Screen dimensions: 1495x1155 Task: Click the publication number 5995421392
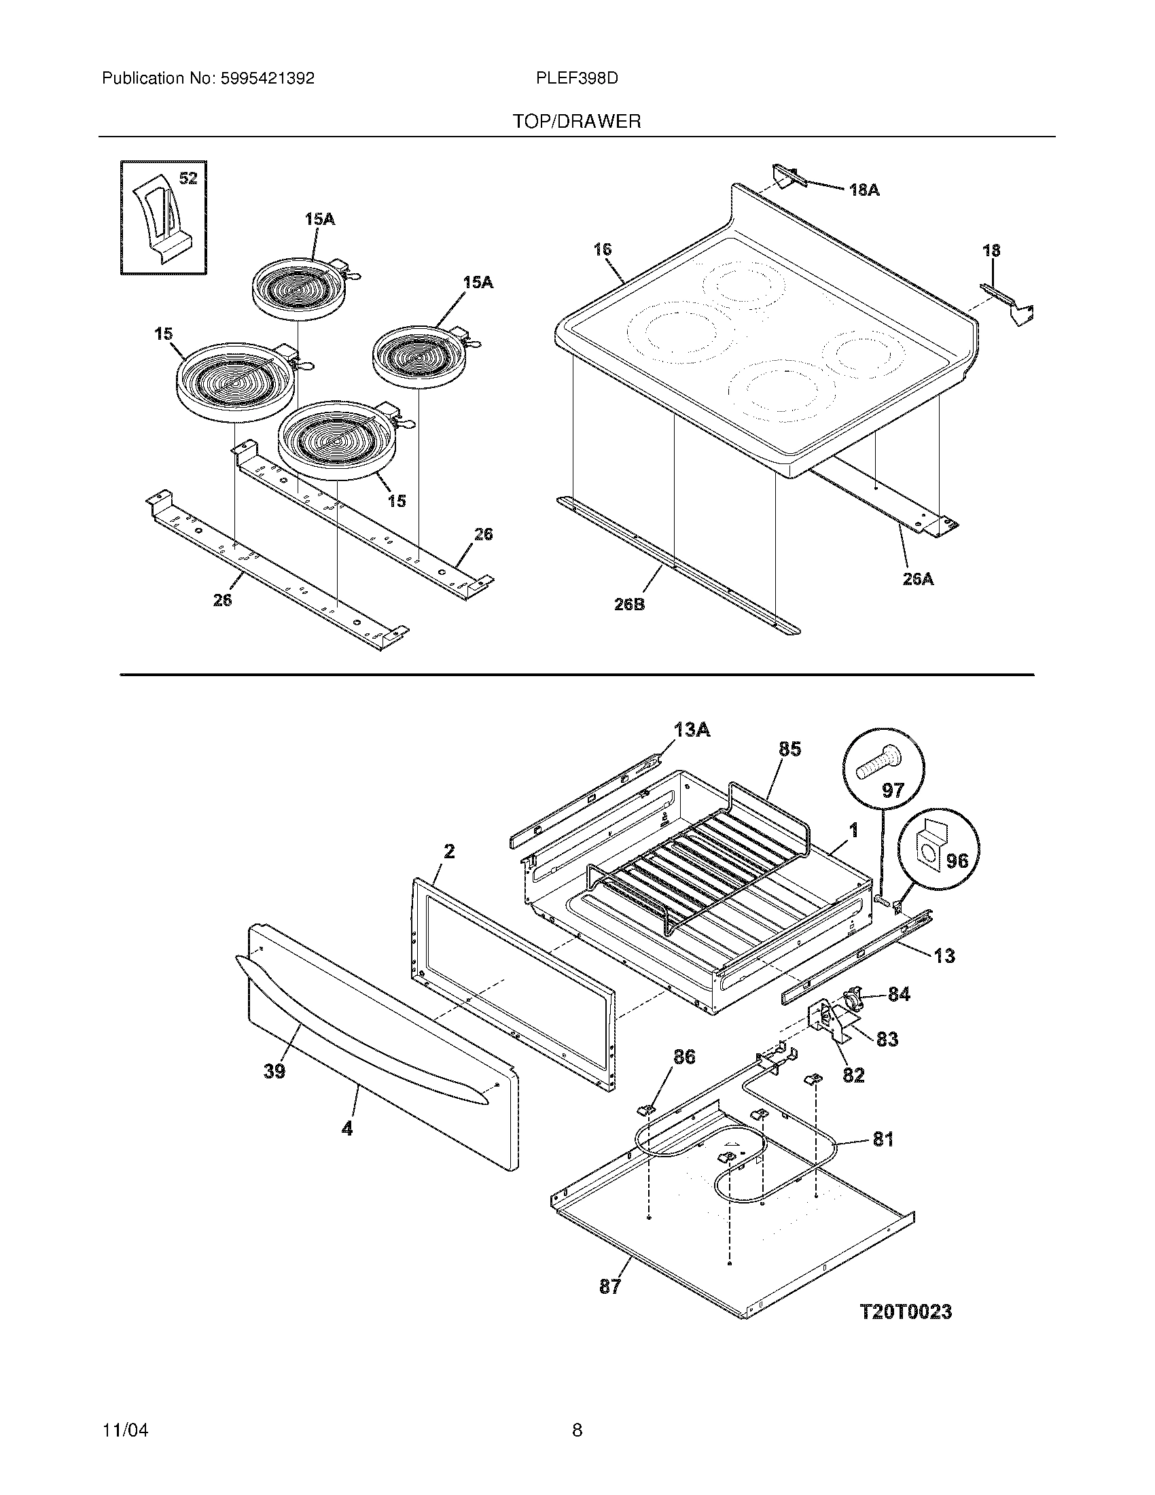click(267, 79)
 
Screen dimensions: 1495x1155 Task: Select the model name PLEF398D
click(577, 79)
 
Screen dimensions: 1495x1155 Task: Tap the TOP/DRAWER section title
click(577, 122)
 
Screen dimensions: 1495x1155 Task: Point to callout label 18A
click(864, 190)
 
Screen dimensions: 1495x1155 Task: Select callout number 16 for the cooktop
click(602, 250)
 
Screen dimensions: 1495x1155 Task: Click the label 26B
click(629, 604)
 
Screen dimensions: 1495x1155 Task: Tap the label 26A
click(917, 579)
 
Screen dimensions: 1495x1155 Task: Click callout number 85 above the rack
click(789, 749)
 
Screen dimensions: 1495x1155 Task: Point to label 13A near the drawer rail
click(691, 730)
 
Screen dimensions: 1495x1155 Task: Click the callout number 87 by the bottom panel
click(609, 1286)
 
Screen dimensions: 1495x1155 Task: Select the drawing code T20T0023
click(905, 1312)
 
